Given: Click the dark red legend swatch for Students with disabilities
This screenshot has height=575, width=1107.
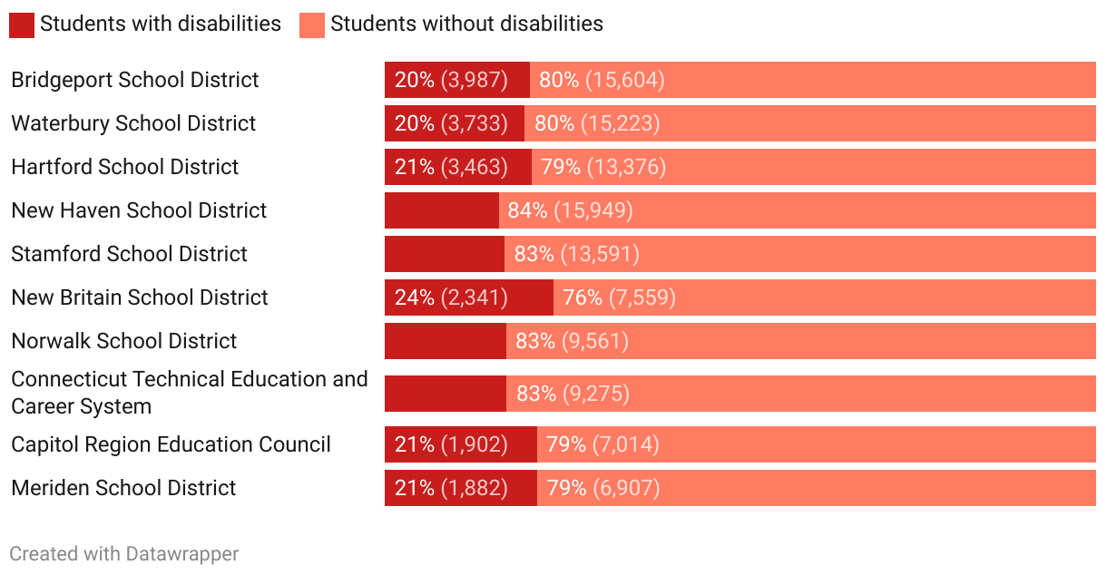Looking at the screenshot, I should coord(22,24).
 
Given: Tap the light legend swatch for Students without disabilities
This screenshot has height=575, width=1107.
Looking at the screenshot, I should coord(312,24).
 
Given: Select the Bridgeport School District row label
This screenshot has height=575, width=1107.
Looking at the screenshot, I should coord(135,80).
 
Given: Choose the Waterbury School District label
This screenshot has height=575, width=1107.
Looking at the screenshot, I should coord(133,123).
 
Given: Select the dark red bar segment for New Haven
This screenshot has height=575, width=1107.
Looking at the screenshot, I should coord(442,210).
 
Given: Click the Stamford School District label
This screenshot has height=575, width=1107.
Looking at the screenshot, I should coord(129,254).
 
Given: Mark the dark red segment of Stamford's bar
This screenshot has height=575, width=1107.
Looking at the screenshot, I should coord(445,254).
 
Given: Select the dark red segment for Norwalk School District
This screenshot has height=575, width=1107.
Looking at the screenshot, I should coord(446,341).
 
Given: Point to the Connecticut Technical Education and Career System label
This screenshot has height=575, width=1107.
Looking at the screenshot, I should coord(190,392).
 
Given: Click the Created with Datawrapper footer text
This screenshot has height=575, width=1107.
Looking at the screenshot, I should coord(124,553).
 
